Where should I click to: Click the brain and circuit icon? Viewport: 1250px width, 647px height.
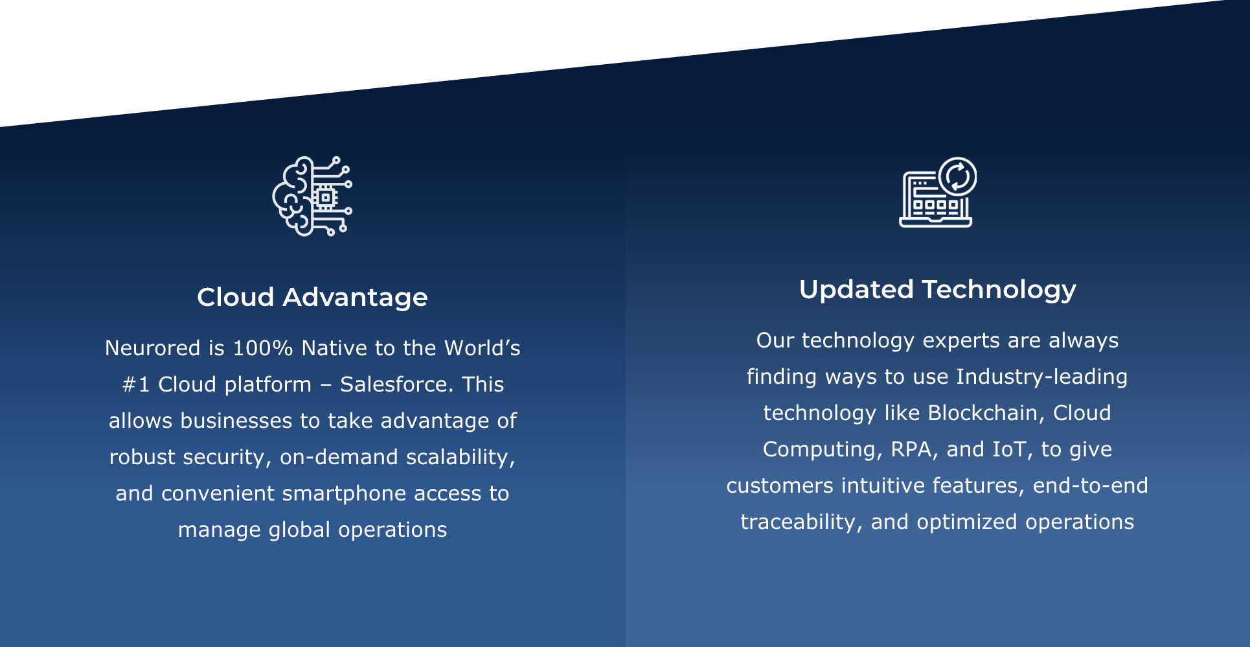[x=312, y=196]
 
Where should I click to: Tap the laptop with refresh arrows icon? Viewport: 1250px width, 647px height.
[x=938, y=192]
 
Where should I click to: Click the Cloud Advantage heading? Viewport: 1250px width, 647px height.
[x=312, y=297]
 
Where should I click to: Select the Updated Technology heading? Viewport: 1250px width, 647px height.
[x=937, y=290]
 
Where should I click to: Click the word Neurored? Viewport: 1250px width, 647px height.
[x=153, y=348]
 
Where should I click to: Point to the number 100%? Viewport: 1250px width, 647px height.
[x=262, y=348]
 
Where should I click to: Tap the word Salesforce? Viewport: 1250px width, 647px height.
[x=396, y=384]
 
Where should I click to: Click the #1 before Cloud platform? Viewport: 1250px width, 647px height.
[x=136, y=384]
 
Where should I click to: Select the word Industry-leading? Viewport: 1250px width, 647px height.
[x=1041, y=377]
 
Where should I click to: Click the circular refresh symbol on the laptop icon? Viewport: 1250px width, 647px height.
[x=957, y=176]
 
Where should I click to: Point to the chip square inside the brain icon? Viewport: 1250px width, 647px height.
[x=325, y=197]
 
